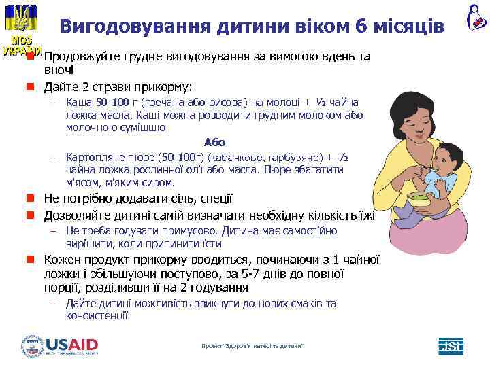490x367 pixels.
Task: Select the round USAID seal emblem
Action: click(x=32, y=346)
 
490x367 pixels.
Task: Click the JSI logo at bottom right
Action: click(x=451, y=346)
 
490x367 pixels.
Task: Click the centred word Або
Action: click(x=214, y=142)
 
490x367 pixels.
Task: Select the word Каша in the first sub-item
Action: click(x=78, y=103)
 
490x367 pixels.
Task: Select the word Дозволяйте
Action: click(x=76, y=216)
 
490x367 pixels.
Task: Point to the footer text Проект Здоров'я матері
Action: click(x=252, y=347)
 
